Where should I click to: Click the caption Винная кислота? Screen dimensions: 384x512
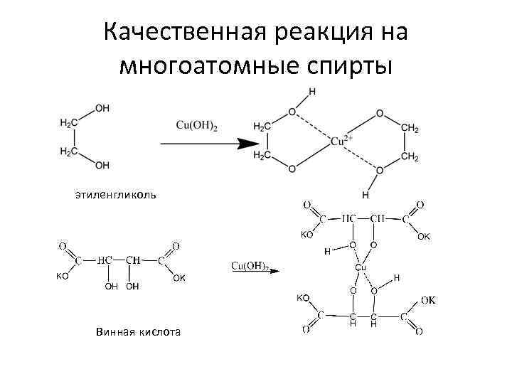(137, 331)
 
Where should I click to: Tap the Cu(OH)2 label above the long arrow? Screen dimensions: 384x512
(197, 126)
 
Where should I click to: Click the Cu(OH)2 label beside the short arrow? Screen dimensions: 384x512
(249, 266)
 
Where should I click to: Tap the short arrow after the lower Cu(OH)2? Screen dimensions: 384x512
(274, 270)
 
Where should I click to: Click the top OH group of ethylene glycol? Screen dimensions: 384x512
(102, 108)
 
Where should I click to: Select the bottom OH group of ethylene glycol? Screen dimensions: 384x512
(102, 166)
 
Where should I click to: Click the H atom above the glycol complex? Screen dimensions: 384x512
(313, 92)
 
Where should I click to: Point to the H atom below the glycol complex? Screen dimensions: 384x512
(366, 194)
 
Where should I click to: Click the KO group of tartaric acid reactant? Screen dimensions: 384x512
(63, 277)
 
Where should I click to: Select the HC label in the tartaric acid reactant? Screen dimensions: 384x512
(105, 260)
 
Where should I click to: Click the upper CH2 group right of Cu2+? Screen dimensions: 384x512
(410, 128)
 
